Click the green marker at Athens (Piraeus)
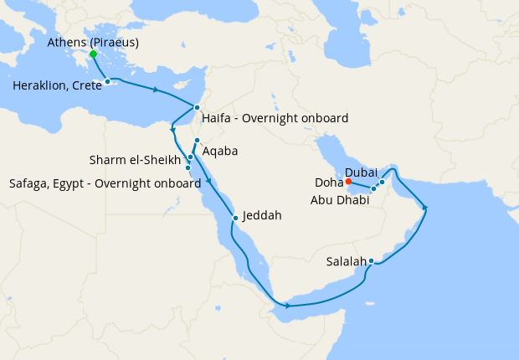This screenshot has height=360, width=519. [x=93, y=54]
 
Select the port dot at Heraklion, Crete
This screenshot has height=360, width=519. [x=108, y=81]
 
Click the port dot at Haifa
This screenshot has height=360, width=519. [x=197, y=107]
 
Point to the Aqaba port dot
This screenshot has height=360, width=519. [x=197, y=141]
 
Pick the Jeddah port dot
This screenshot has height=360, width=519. [x=236, y=218]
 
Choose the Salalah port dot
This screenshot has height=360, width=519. [x=371, y=261]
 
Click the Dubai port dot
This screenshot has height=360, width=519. [x=382, y=182]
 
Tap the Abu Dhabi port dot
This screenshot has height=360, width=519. [x=373, y=189]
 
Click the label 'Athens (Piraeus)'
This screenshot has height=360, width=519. [x=93, y=42]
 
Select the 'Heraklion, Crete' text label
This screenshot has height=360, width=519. [x=53, y=85]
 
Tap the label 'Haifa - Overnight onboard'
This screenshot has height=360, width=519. [x=275, y=119]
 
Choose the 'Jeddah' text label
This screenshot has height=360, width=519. [x=262, y=215]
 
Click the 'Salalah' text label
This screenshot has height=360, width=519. [x=347, y=260]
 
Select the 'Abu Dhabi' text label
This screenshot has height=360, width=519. [x=339, y=200]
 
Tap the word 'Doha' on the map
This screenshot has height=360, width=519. [x=327, y=182]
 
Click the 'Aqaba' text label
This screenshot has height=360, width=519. [x=220, y=152]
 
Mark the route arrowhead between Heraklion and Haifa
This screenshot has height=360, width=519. [x=157, y=89]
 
